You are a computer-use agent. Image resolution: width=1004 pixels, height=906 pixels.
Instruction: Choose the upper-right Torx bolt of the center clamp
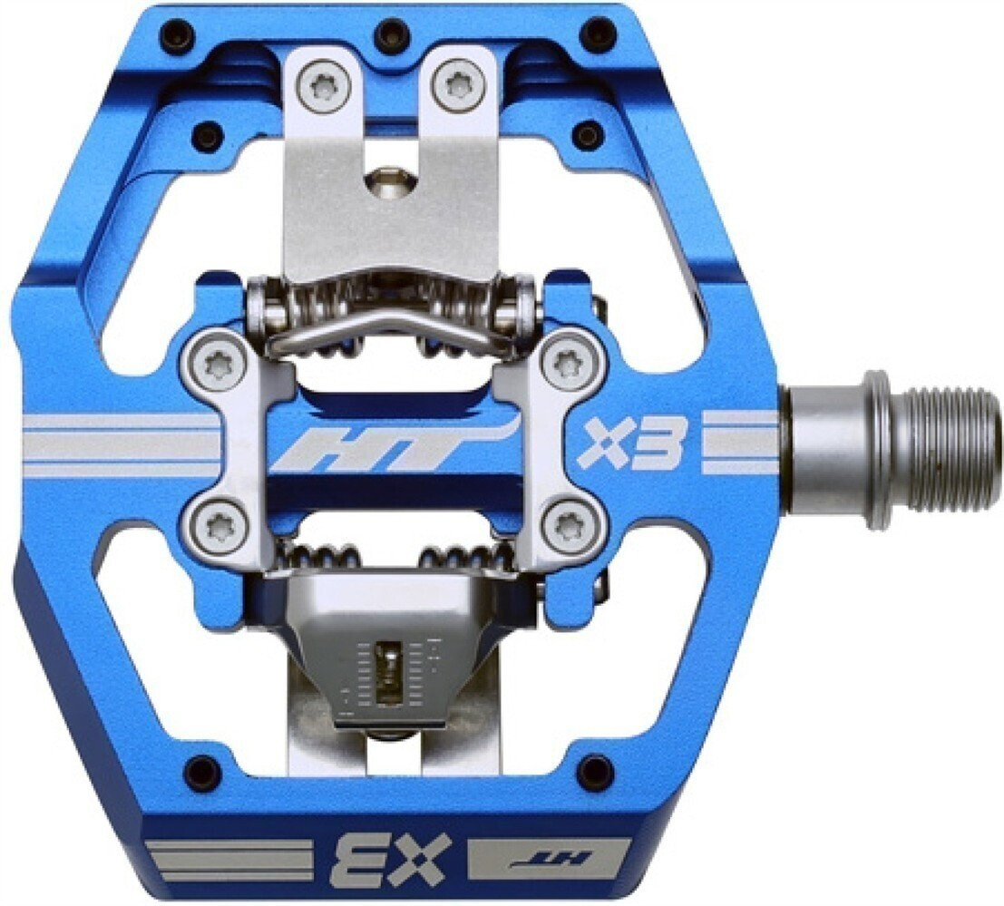(567, 362)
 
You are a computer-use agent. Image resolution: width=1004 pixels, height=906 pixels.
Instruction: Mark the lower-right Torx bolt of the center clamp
(567, 523)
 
